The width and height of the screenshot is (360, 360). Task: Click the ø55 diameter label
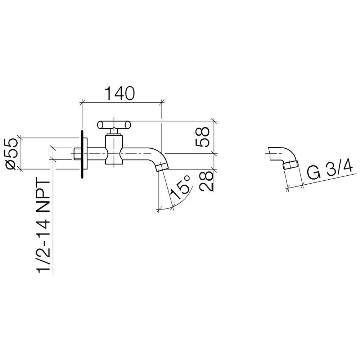click(11, 153)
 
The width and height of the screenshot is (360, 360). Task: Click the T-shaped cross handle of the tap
click(113, 125)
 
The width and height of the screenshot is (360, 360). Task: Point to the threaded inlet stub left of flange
click(77, 154)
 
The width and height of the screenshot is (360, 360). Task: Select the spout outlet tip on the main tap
click(162, 167)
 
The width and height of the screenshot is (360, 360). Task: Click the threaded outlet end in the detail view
click(291, 166)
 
